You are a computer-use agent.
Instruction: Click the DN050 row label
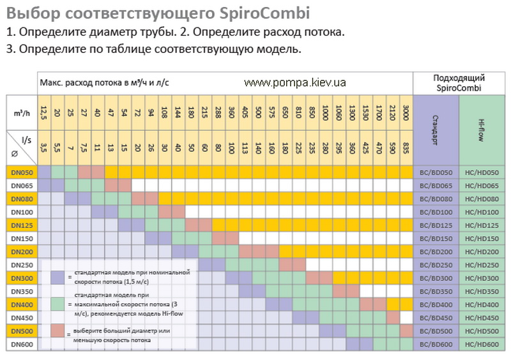coord(21,172)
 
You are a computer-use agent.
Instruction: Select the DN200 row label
coord(21,251)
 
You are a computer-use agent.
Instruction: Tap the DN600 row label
coord(21,344)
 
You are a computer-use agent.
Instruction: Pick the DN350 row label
coord(21,291)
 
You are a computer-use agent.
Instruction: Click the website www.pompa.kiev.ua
coord(294,83)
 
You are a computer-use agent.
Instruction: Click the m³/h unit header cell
coord(21,112)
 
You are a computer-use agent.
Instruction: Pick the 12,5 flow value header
coord(43,113)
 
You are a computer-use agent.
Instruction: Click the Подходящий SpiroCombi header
coord(459,82)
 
